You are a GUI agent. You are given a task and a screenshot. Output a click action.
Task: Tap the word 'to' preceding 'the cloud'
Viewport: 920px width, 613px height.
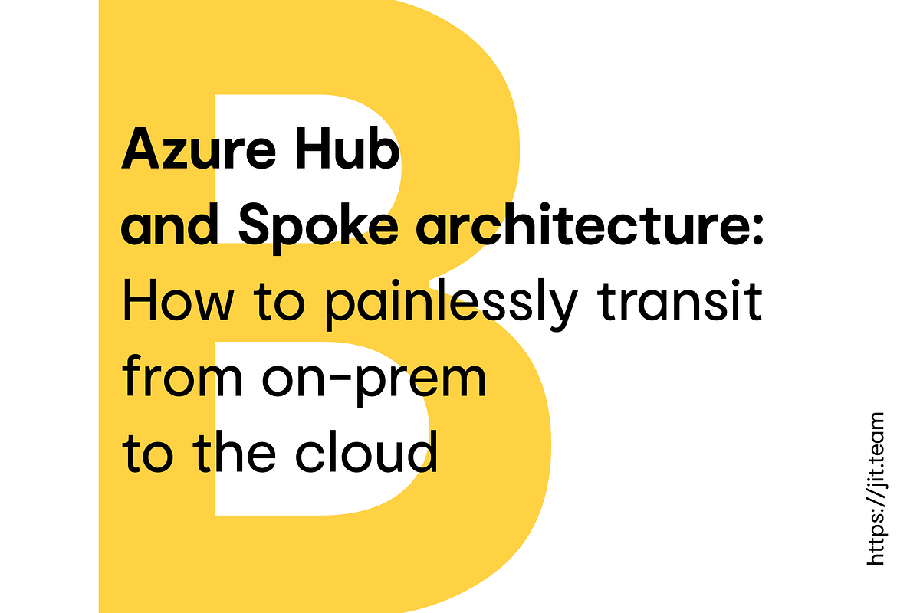point(150,452)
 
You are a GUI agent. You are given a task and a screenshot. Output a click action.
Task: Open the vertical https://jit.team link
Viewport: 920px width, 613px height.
point(876,490)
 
